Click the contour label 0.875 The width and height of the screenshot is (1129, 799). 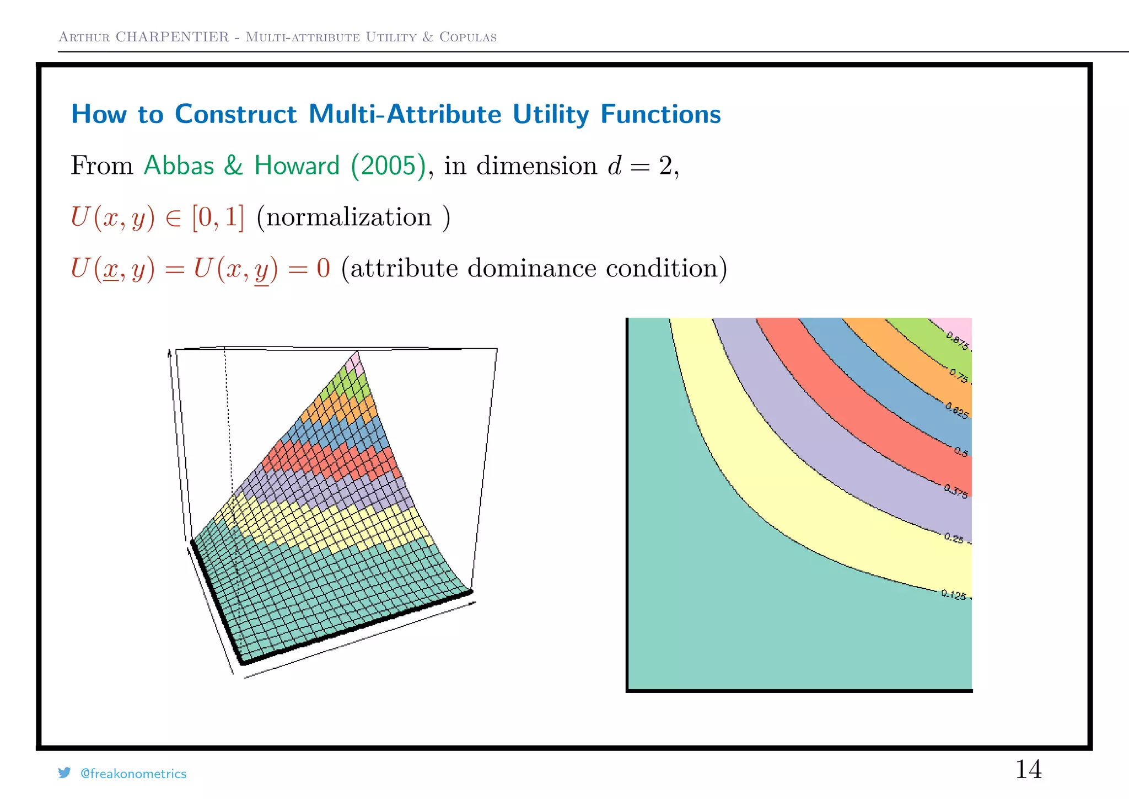click(957, 340)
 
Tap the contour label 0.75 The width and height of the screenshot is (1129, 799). click(958, 376)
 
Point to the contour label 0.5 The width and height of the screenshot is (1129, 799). click(961, 452)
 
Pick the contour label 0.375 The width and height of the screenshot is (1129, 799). click(955, 491)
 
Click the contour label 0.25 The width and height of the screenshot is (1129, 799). click(954, 538)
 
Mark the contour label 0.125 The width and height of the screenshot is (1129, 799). click(954, 595)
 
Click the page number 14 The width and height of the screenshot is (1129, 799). click(1028, 769)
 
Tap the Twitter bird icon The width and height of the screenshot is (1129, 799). click(64, 773)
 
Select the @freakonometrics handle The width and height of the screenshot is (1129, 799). click(133, 774)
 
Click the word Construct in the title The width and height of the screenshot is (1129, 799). click(236, 114)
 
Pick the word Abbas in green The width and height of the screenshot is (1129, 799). click(179, 166)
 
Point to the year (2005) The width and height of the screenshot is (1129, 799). click(389, 166)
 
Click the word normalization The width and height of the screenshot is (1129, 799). click(349, 217)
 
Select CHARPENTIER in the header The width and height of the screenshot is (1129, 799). click(172, 37)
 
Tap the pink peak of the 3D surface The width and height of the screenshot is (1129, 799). click(354, 363)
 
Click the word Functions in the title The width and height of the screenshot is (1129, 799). click(660, 114)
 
